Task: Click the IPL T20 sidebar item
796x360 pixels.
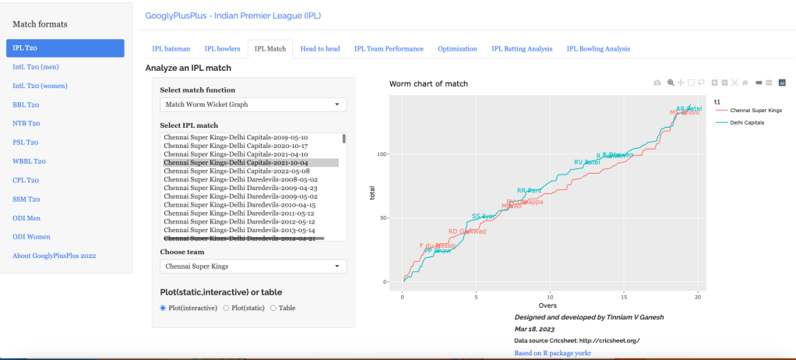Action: point(65,48)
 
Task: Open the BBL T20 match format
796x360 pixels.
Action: point(26,104)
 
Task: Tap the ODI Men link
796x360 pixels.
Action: point(30,217)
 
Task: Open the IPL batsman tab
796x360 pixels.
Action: point(171,48)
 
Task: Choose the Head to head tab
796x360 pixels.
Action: point(320,48)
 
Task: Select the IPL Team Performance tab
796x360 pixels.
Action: point(389,48)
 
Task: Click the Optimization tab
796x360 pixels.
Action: point(457,48)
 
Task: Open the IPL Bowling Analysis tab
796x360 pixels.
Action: point(598,48)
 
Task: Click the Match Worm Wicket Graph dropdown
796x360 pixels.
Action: point(253,104)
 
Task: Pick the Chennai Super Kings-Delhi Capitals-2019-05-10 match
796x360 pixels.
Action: point(236,137)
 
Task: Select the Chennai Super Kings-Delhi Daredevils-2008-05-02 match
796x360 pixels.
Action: point(241,180)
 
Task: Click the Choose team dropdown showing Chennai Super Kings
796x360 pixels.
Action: point(253,266)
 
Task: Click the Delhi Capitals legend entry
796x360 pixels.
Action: point(748,123)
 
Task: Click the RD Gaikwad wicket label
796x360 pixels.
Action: point(467,231)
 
